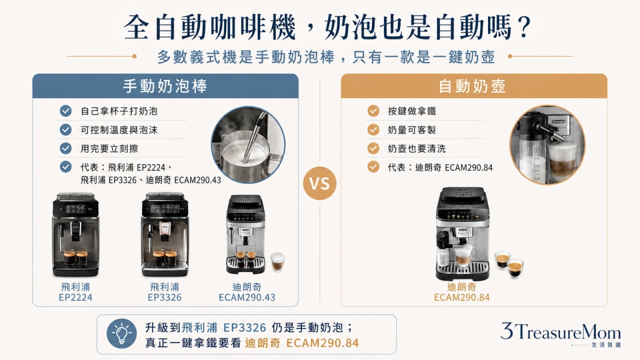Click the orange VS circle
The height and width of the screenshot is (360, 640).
(319, 183)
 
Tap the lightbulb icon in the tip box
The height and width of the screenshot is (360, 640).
(121, 333)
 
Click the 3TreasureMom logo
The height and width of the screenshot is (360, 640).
(560, 335)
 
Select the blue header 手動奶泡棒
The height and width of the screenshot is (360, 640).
(165, 86)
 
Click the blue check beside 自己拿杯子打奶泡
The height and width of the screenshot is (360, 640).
(65, 111)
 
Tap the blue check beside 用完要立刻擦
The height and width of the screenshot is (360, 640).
(65, 148)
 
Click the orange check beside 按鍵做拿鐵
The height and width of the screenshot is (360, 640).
(373, 111)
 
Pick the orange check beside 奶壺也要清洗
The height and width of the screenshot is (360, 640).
(373, 148)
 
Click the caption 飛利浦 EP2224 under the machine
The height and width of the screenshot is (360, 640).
(75, 292)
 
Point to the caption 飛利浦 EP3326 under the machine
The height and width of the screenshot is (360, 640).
(164, 292)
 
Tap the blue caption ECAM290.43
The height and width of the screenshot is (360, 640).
(247, 297)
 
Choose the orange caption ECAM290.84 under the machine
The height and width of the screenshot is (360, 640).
(461, 297)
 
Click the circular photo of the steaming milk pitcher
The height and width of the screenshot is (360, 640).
(248, 144)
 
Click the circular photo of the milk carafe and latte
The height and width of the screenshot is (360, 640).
(547, 144)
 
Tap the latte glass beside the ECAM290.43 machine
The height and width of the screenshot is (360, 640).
(277, 261)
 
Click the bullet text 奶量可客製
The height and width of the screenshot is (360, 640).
(411, 130)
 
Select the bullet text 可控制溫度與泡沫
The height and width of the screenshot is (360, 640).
(119, 130)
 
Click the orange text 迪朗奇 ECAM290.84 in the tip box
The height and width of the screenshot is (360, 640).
(301, 343)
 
